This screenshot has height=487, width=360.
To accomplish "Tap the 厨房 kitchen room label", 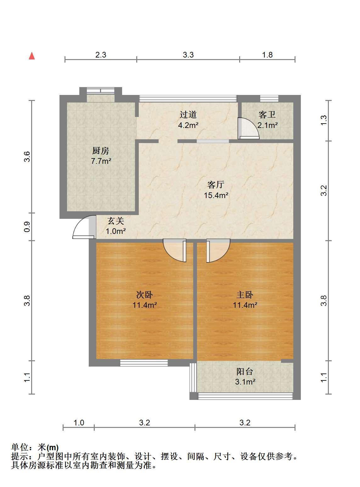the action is coord(100,151).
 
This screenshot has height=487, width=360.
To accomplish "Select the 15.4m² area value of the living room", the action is coord(216,195).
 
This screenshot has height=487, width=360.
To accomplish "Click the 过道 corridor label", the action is coord(188,115).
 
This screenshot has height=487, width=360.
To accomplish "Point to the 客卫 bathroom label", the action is coord(267,115).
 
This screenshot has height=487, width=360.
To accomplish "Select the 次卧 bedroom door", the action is coord(175,251).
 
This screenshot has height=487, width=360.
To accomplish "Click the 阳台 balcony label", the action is coord(245,372).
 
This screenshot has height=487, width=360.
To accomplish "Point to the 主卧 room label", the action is coord(245,295).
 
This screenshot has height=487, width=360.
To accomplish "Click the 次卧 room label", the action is coord(144,295).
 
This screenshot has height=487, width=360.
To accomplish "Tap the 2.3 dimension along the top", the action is coord(101,55).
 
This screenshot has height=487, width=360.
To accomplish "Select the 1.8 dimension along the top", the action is coord(267,55).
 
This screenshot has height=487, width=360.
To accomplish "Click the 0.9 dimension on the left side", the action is coord(27,227).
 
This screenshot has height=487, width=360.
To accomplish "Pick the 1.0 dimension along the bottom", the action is coord(79,423).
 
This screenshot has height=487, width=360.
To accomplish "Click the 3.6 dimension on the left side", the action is coord(27,157).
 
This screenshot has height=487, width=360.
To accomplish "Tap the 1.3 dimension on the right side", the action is coord(324,120).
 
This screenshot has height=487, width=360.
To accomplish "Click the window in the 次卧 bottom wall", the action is coord(144,363).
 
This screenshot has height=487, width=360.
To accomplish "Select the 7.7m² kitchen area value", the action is coord(101,161).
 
